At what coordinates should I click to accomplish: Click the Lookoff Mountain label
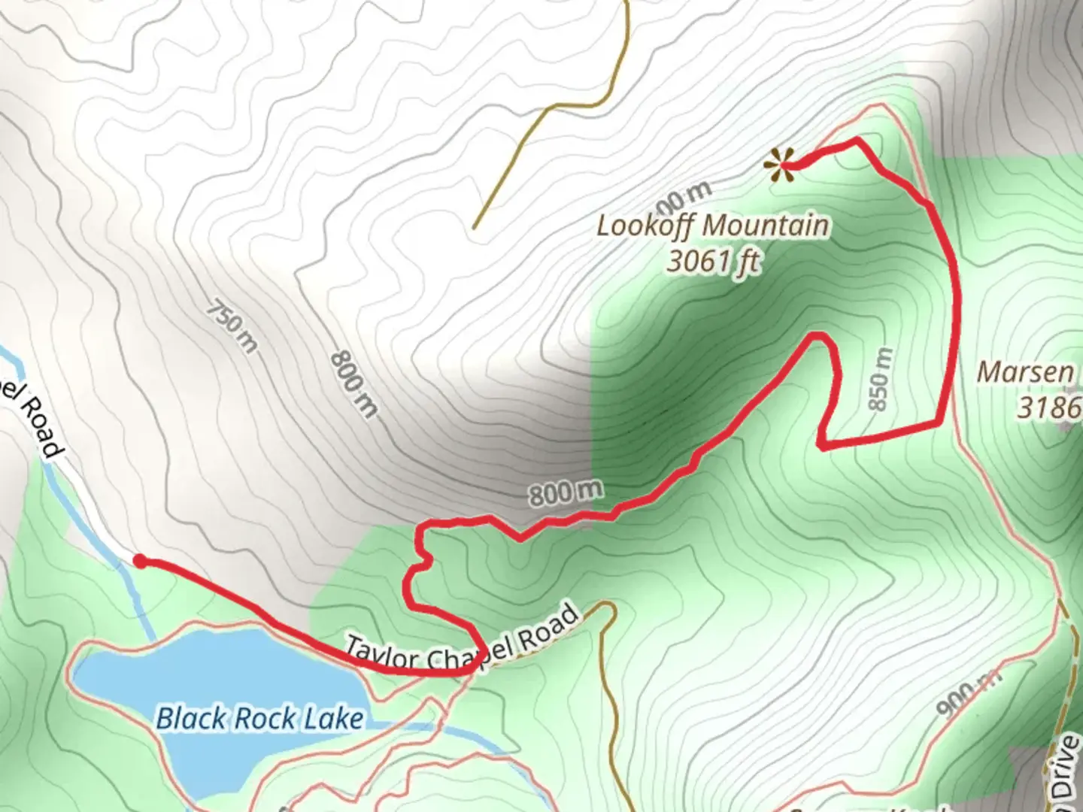pos(713,226)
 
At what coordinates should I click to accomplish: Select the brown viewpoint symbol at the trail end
pos(779,165)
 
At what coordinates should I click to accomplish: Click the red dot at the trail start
pos(140,560)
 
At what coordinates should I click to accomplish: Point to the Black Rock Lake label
pos(259,719)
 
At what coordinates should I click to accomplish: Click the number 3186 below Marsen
pos(1049,408)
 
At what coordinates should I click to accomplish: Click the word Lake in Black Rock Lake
pos(333,719)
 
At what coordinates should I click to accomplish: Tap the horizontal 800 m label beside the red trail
pos(566,493)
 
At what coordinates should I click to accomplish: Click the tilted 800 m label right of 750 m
pos(353,384)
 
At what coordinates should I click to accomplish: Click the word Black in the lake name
pos(191,719)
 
